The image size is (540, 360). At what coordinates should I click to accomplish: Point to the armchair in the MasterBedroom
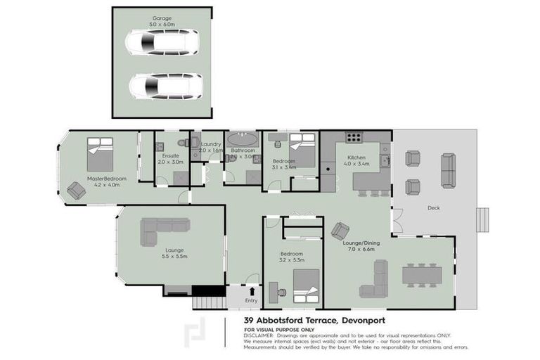(x=75, y=191)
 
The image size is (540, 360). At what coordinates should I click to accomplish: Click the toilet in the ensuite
(x=183, y=143)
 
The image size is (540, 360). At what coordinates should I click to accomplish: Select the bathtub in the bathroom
(x=243, y=139)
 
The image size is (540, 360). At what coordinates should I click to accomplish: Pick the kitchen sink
(x=383, y=162)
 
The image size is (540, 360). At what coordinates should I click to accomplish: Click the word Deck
(x=434, y=207)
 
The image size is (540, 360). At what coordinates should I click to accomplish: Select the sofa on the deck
(x=448, y=170)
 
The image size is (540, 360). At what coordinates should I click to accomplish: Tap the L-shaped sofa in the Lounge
(x=164, y=231)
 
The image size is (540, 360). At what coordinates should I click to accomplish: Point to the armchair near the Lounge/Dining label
(x=341, y=230)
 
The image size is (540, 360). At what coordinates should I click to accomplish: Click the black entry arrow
(x=252, y=290)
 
